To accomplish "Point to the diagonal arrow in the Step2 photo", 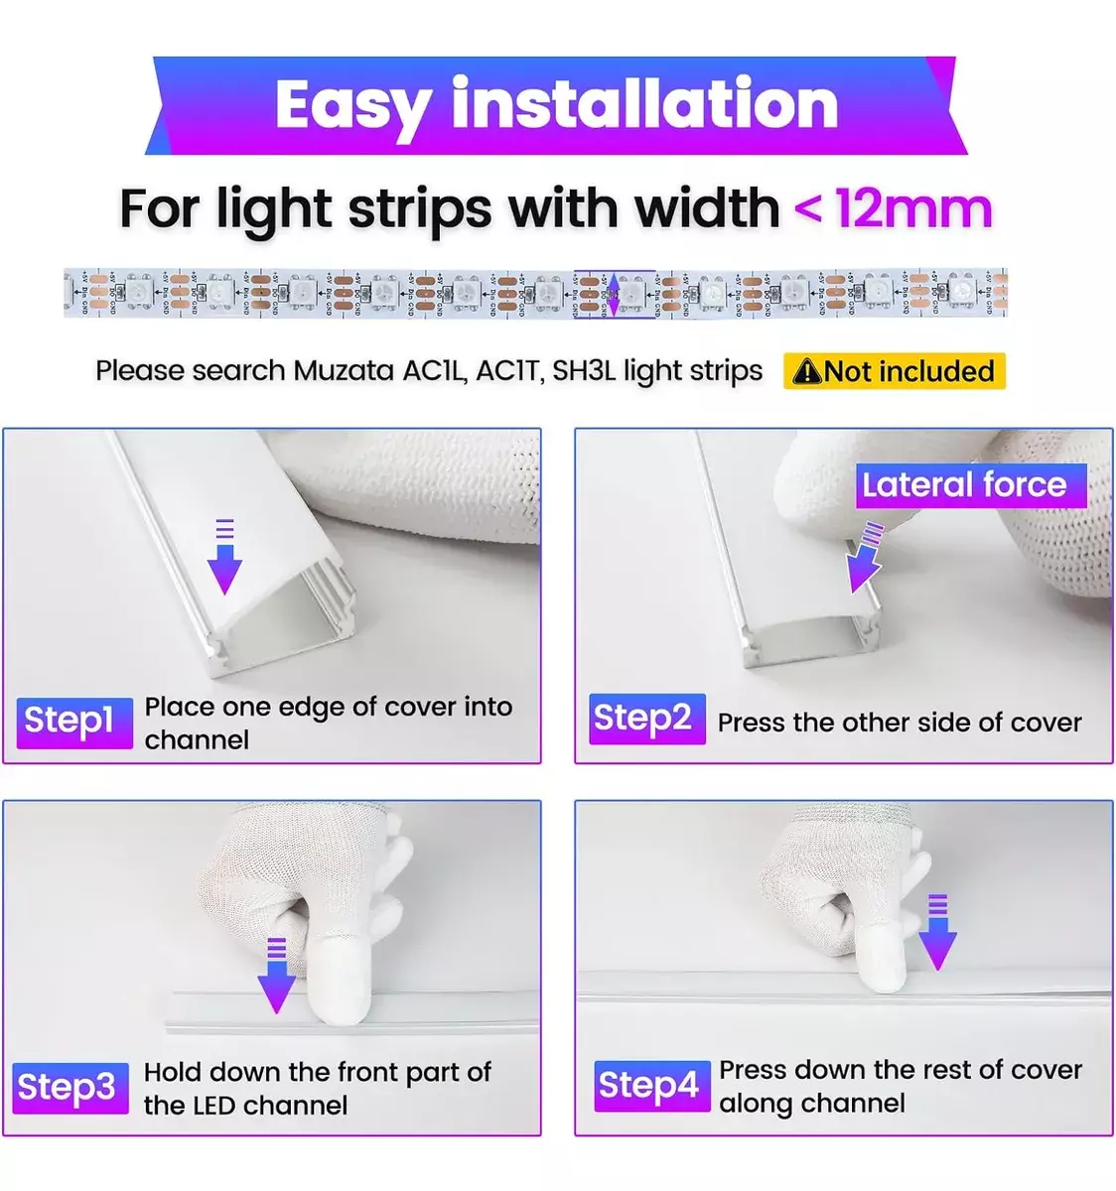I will [x=864, y=559].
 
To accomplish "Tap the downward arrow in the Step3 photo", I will [x=276, y=976].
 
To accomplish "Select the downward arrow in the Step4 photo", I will [x=936, y=932].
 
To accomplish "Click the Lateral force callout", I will [x=969, y=485].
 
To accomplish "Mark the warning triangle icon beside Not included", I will [x=807, y=371].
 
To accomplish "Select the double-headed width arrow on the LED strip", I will [x=614, y=293].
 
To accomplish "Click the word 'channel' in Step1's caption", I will [x=197, y=740].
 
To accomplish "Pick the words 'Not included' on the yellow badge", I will [x=908, y=371].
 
